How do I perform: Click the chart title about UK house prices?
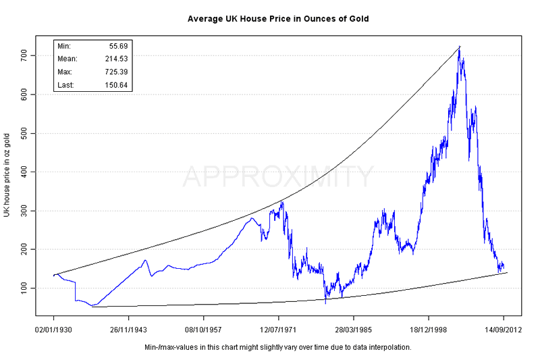click(x=278, y=18)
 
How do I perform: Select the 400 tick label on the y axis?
click(x=25, y=172)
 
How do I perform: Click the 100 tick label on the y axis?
click(x=25, y=288)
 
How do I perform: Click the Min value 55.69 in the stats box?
click(x=118, y=46)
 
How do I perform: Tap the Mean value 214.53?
click(x=116, y=59)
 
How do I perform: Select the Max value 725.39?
click(x=116, y=72)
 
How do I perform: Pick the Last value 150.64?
click(x=116, y=85)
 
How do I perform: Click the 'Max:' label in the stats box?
click(x=65, y=72)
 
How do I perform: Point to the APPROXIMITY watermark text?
click(x=278, y=177)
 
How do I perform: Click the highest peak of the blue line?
click(x=460, y=47)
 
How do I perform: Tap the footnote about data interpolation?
click(x=278, y=347)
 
